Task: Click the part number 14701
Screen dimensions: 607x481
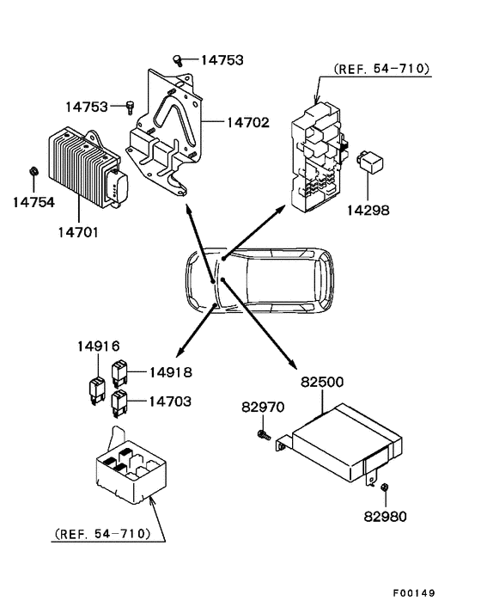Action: (x=79, y=230)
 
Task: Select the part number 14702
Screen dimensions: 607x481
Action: (x=248, y=123)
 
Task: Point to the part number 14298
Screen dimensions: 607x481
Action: (x=368, y=210)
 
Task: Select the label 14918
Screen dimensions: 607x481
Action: (x=170, y=372)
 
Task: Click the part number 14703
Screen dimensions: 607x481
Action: (x=170, y=401)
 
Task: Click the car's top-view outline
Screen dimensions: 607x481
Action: (x=259, y=281)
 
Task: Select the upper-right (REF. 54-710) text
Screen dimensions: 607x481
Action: (x=381, y=70)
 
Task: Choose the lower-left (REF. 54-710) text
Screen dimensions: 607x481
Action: (x=102, y=533)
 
